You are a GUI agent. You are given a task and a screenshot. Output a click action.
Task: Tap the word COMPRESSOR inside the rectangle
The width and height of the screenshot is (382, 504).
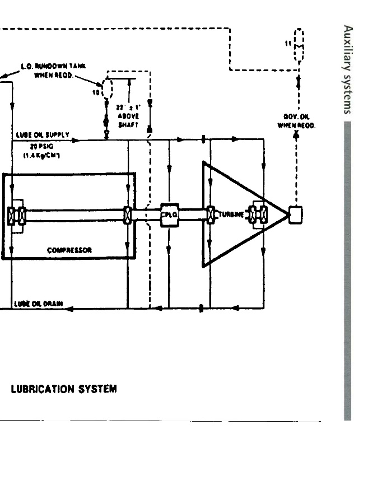pyautogui.click(x=69, y=250)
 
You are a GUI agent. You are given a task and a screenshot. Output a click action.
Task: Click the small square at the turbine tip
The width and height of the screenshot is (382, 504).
pyautogui.click(x=295, y=214)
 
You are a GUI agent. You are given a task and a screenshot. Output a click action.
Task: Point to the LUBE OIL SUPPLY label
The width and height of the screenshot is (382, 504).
pyautogui.click(x=42, y=135)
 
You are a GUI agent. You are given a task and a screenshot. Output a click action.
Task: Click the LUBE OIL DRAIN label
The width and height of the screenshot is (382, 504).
pyautogui.click(x=38, y=304)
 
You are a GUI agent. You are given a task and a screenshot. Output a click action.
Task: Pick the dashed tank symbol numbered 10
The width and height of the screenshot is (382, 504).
pyautogui.click(x=107, y=88)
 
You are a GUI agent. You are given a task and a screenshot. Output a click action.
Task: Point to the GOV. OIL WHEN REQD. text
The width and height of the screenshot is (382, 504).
pyautogui.click(x=296, y=121)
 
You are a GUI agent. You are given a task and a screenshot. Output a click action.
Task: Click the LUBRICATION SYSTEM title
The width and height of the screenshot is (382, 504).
pyautogui.click(x=64, y=389)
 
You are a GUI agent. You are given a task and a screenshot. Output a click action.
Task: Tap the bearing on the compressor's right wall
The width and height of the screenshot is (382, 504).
pyautogui.click(x=128, y=215)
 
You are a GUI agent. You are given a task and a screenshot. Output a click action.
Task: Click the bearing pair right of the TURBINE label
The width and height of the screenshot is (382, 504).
pyautogui.click(x=259, y=214)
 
